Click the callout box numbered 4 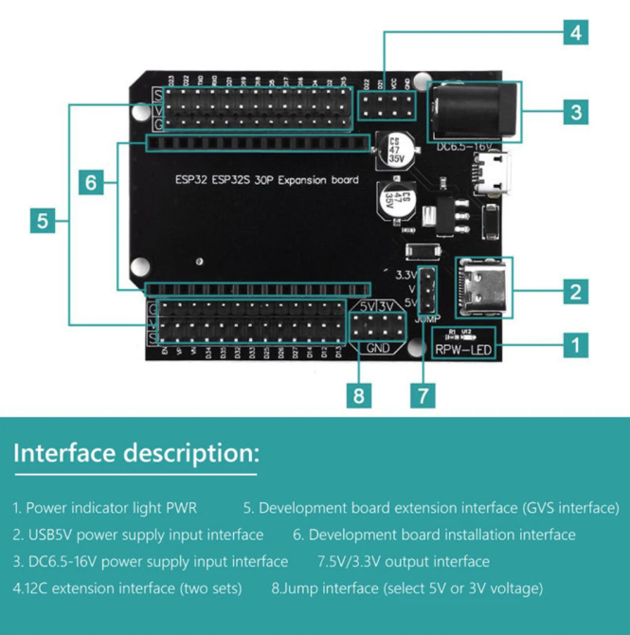575,33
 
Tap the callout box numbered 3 575,113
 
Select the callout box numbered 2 575,291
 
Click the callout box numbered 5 43,221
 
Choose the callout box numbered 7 426,395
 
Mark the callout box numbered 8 358,395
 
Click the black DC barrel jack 474,112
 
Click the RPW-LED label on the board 464,350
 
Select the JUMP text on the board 427,318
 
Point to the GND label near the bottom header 377,348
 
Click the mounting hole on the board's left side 198,259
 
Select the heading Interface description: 135,453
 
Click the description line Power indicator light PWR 105,508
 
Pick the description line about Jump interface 407,588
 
